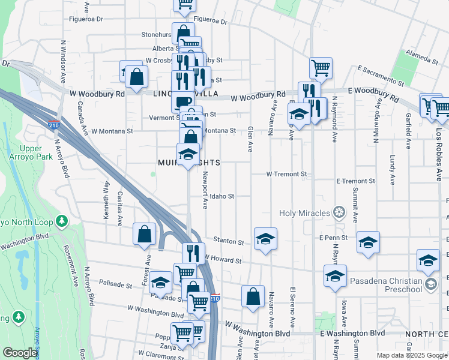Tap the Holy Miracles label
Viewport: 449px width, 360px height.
coord(304,213)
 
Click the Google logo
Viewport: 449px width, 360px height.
coord(20,353)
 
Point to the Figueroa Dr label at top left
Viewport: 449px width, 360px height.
coord(86,19)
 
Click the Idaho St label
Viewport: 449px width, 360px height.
coord(221,196)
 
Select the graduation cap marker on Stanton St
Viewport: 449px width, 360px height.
coord(265,239)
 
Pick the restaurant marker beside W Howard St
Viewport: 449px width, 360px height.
coord(193,253)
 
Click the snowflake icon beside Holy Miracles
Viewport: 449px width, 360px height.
coord(339,212)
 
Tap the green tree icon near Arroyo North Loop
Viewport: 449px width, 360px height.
coord(61,221)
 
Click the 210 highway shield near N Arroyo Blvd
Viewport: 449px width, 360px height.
coord(53,125)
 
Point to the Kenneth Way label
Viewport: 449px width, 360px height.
coord(106,201)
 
